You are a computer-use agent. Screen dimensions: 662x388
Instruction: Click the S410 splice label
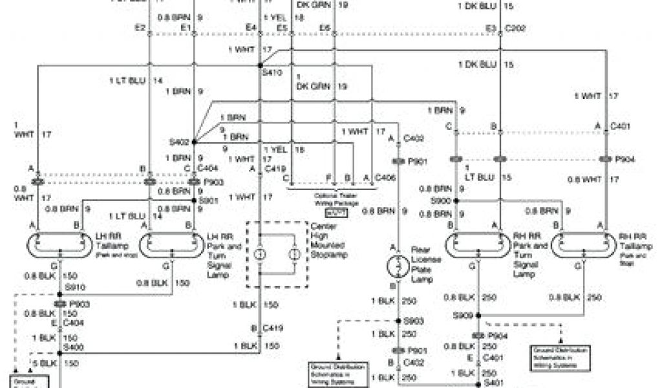273,74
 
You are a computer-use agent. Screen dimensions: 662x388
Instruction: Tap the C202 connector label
515,28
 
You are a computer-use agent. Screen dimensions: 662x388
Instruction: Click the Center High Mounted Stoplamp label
328,241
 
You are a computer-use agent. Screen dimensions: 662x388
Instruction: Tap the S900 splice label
441,201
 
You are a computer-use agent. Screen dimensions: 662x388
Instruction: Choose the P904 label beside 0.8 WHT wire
625,159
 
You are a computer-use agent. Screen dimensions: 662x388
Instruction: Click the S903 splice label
413,321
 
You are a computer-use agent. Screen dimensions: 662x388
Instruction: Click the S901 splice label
208,201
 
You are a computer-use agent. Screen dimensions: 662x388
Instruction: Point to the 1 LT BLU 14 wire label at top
136,81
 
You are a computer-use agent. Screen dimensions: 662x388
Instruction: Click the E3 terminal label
491,28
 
